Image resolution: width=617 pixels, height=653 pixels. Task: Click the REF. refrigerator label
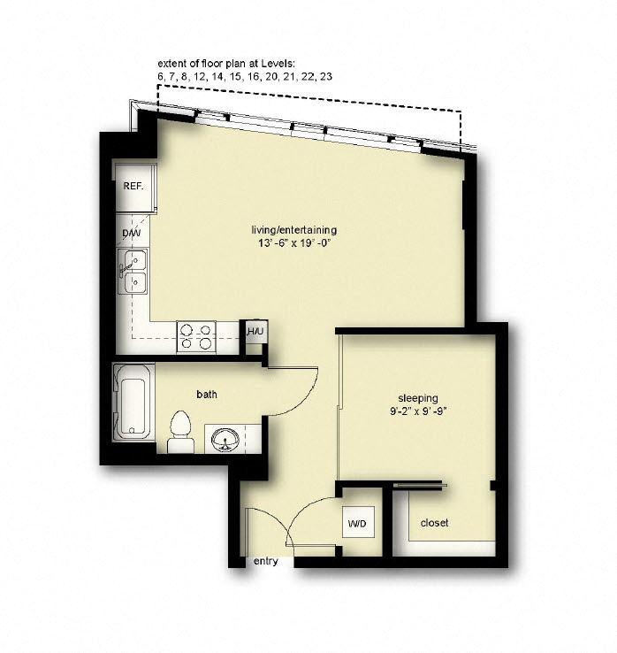(133, 187)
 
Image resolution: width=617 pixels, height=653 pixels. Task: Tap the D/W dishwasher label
(131, 234)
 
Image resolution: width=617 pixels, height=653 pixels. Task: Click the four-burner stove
(196, 336)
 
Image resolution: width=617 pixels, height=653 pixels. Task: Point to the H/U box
(255, 332)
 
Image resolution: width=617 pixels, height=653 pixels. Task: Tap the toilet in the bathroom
(180, 431)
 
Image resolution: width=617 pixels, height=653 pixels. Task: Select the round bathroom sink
(225, 439)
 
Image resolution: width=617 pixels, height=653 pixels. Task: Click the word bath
(207, 394)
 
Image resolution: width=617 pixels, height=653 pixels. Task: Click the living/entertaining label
(294, 230)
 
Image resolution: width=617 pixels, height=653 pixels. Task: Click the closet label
(434, 523)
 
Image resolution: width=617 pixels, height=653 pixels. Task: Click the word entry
(265, 561)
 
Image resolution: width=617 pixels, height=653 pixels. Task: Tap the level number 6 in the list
(161, 78)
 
